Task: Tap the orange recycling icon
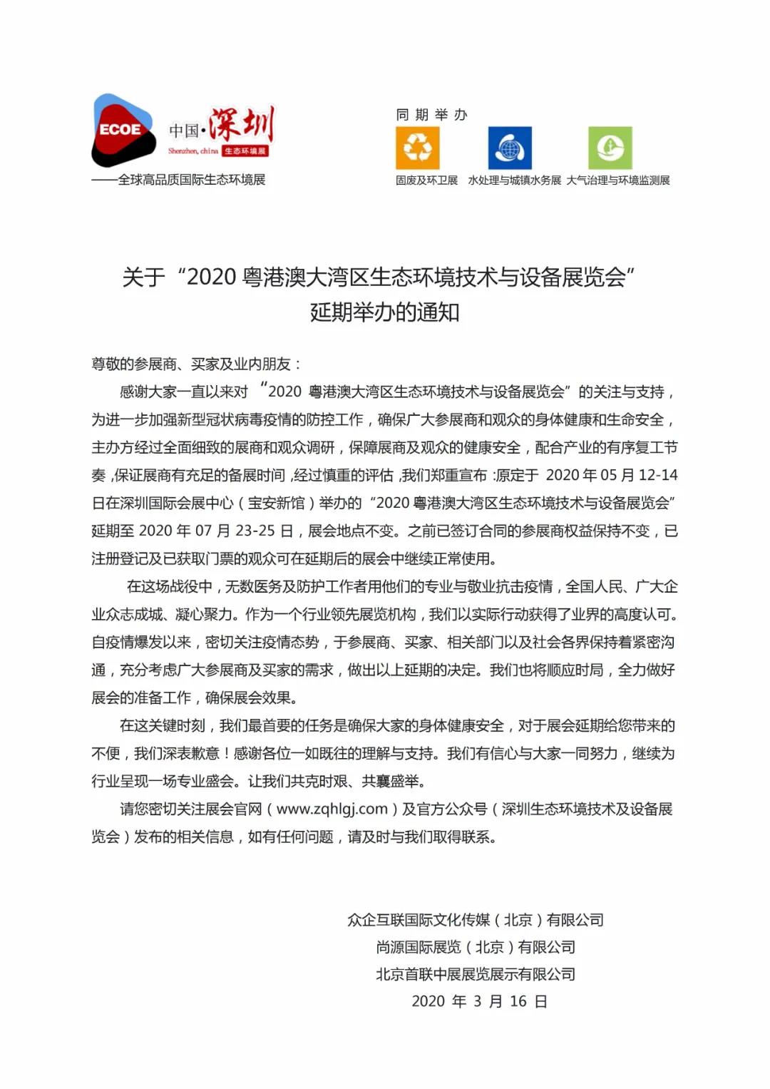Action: pos(417,148)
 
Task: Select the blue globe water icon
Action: pos(510,148)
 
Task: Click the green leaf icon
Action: pos(610,148)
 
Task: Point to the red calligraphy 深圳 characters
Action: pos(241,125)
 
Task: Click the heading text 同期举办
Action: pos(431,115)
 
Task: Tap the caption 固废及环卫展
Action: pos(426,180)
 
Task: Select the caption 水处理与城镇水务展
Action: pos(514,180)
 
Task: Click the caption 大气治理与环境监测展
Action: pos(618,180)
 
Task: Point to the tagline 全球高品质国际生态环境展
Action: pos(191,180)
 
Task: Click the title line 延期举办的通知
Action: pos(384,312)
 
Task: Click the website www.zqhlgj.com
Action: pos(332,809)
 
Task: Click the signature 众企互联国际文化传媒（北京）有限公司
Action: pos(476,920)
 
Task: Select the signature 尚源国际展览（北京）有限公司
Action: pos(476,947)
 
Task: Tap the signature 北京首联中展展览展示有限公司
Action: pos(476,974)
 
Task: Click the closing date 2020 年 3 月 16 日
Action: pos(479,1001)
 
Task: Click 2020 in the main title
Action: pos(211,277)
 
